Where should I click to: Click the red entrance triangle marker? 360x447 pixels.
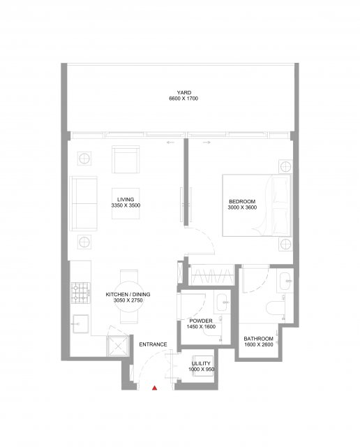[154, 388]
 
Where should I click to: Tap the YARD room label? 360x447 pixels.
[184, 93]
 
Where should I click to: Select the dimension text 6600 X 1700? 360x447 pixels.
[183, 98]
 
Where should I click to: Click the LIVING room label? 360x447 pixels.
[126, 200]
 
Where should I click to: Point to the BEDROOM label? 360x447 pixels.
[242, 202]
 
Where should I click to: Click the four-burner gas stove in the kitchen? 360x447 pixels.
[81, 293]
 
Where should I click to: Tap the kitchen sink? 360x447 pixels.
[81, 323]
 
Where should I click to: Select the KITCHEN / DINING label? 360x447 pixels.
[128, 295]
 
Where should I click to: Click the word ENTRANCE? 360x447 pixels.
[153, 344]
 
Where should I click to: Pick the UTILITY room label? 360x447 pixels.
[201, 363]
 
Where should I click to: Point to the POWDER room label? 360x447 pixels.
[201, 321]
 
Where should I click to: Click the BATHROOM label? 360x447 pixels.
[258, 339]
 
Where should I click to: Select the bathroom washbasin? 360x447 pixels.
[285, 281]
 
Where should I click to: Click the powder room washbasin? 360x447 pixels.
[223, 302]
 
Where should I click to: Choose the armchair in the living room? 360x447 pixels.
[126, 159]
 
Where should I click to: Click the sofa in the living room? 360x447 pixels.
[83, 203]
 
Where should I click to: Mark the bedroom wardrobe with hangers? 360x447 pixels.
[212, 275]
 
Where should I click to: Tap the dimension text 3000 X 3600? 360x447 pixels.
[242, 207]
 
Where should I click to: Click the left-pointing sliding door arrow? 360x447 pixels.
[171, 142]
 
